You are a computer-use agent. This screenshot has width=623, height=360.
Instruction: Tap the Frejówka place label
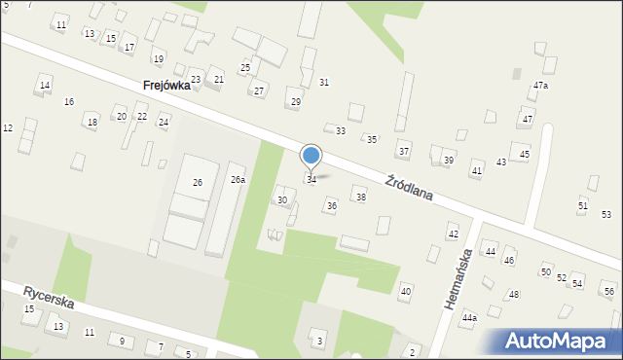(x=165, y=86)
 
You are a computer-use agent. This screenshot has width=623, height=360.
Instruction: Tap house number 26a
(x=238, y=180)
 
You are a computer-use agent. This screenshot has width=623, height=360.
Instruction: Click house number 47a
(x=540, y=86)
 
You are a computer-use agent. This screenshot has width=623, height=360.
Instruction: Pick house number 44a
(x=470, y=318)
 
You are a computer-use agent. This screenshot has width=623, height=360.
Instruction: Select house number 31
(x=324, y=83)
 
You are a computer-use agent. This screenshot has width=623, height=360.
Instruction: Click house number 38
(x=360, y=198)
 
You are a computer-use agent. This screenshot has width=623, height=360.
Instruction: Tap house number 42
(x=453, y=234)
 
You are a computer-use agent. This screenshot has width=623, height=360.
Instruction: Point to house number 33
(x=341, y=130)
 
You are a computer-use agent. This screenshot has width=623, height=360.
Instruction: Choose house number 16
(x=69, y=101)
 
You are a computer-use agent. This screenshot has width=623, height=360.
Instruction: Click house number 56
(x=609, y=292)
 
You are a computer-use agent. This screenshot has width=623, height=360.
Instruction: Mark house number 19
(x=159, y=59)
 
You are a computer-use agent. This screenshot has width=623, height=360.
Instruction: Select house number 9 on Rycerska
(x=122, y=340)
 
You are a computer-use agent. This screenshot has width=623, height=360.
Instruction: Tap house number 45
(x=525, y=155)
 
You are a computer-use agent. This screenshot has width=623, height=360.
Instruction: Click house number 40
(x=406, y=292)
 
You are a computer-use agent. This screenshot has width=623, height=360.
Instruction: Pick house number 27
(x=259, y=91)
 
